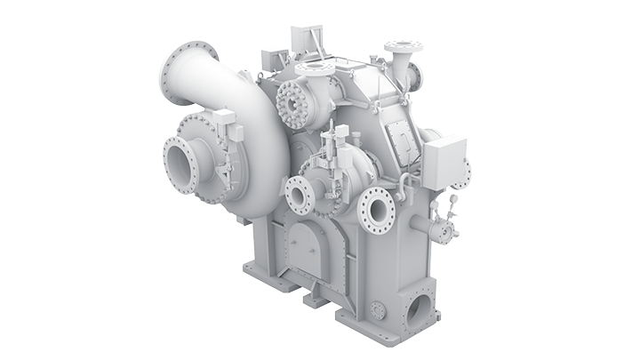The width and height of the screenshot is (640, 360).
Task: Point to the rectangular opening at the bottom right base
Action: click(417, 308)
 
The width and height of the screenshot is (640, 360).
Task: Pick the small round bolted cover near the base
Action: click(378, 309)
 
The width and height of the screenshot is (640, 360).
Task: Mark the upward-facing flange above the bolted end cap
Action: click(312, 69)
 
